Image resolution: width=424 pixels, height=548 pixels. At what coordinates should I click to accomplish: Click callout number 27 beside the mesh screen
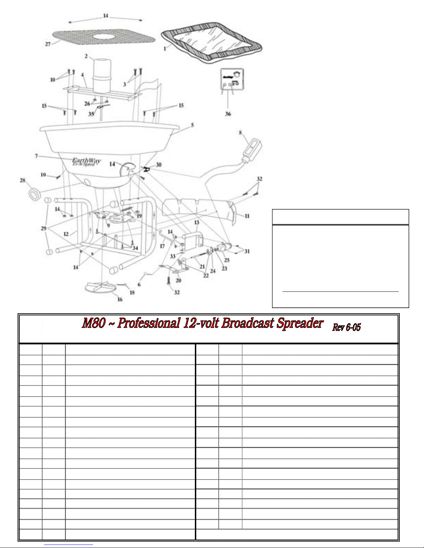pyautogui.click(x=48, y=44)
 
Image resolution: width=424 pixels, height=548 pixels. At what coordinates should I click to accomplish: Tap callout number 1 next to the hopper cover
pyautogui.click(x=165, y=49)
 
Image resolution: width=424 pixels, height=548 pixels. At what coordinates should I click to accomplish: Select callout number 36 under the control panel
pyautogui.click(x=228, y=114)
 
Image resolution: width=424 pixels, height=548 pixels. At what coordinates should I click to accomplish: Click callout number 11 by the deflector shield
pyautogui.click(x=247, y=216)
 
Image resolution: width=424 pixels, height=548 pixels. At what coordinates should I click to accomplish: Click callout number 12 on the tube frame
pyautogui.click(x=66, y=234)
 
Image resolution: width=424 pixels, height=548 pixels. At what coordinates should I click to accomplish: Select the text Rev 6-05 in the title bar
pyautogui.click(x=346, y=327)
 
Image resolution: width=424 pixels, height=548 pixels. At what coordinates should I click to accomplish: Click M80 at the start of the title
pyautogui.click(x=93, y=323)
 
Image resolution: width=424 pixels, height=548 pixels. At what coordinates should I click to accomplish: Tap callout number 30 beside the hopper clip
pyautogui.click(x=159, y=165)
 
